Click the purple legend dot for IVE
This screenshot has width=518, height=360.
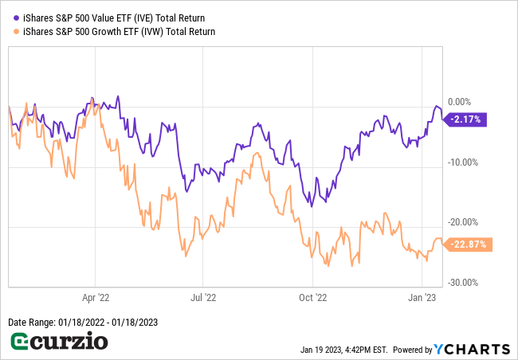(x=17, y=17)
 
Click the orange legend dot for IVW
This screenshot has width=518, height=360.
(x=17, y=32)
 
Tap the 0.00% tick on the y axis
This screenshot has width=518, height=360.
(x=460, y=102)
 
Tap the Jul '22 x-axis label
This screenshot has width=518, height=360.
(x=202, y=298)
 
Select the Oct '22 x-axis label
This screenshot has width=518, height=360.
(x=312, y=298)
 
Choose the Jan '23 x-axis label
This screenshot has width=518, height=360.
(x=421, y=298)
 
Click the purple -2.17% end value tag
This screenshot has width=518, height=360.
(x=465, y=119)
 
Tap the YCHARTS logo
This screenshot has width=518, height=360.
(x=472, y=349)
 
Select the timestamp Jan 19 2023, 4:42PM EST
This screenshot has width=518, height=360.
(x=343, y=350)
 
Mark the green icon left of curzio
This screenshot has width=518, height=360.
(x=22, y=343)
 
